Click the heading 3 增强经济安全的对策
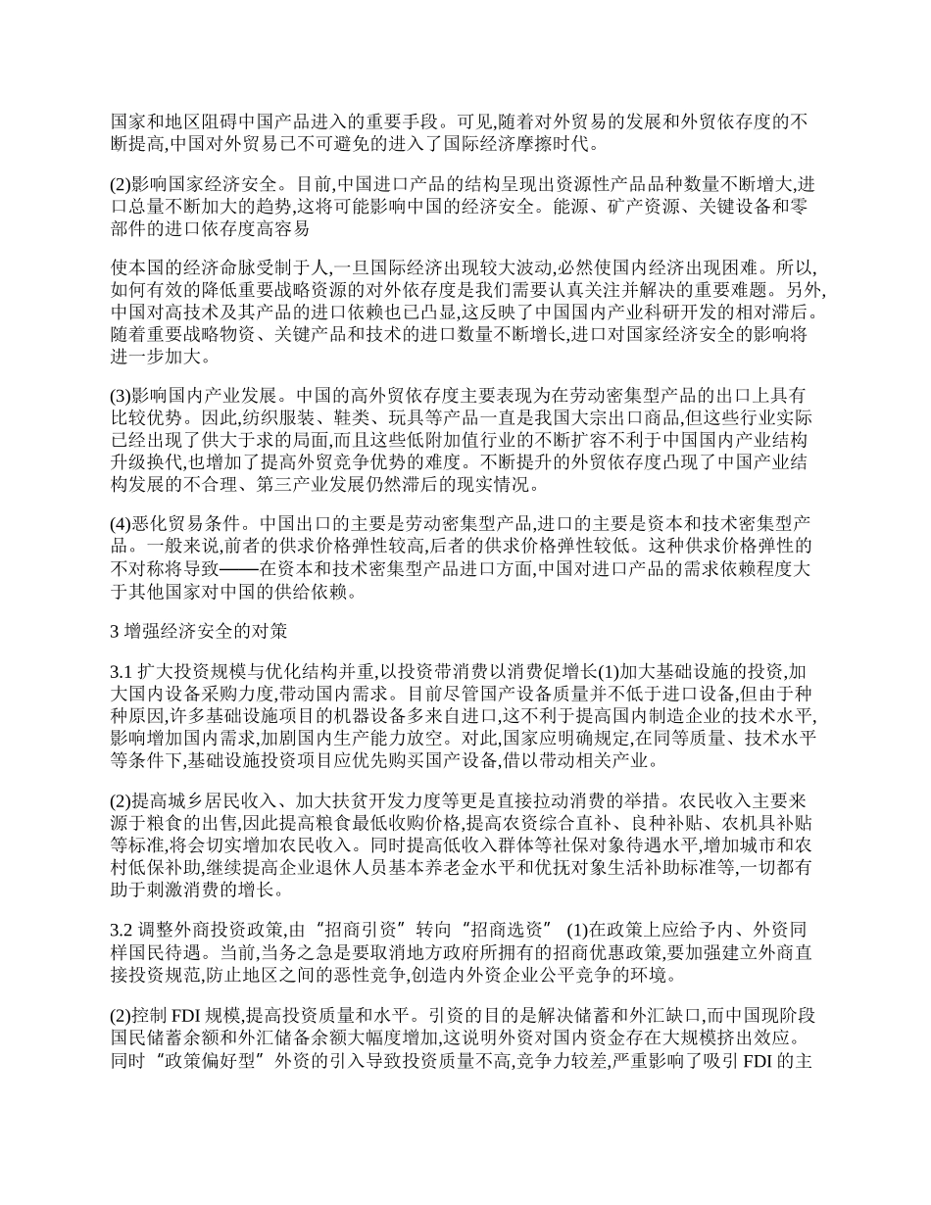click(x=199, y=632)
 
